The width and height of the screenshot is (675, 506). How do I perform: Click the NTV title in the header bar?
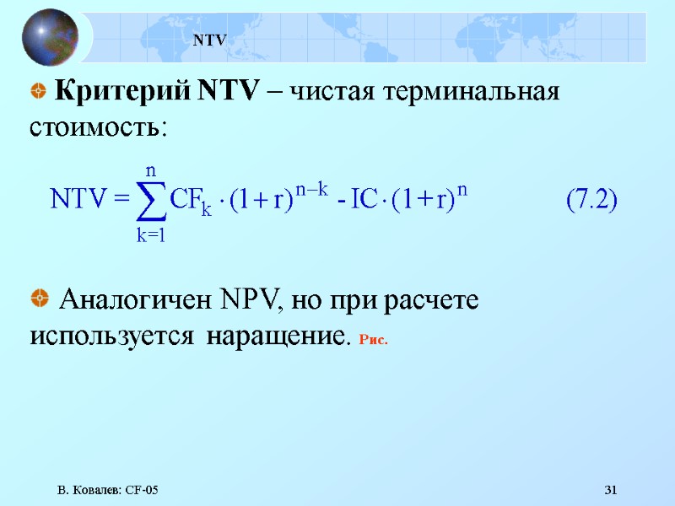click(x=211, y=39)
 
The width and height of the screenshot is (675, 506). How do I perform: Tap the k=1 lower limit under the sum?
click(x=150, y=236)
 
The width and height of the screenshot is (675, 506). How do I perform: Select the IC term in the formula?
click(x=364, y=201)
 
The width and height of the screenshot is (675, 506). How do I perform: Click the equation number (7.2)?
click(x=591, y=201)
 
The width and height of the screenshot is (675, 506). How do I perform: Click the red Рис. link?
click(x=372, y=340)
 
